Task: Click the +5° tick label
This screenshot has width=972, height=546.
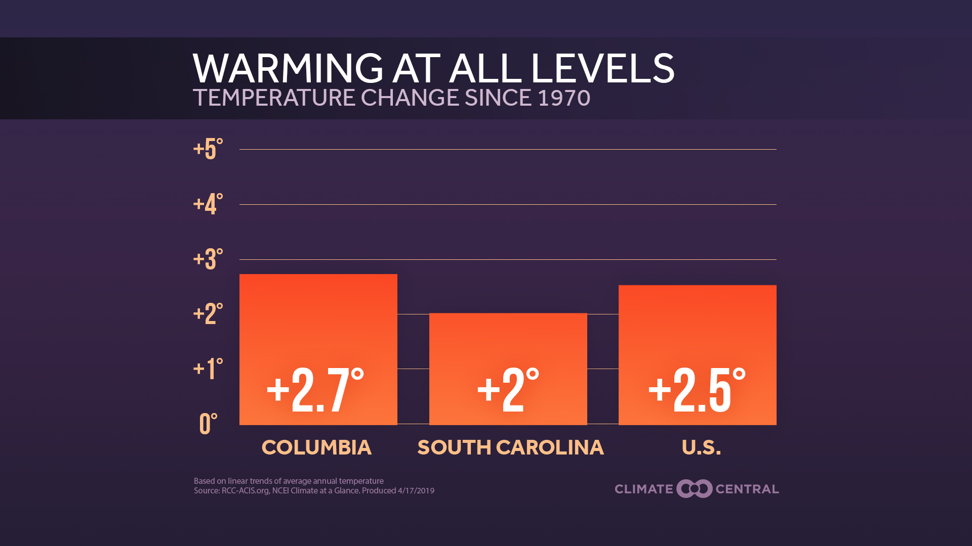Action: tap(208, 149)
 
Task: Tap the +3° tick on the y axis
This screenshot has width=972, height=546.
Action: tap(208, 259)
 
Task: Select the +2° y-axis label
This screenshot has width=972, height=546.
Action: tap(208, 314)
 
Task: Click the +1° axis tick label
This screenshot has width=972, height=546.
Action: tap(208, 369)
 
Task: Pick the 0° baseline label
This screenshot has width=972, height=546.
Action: tap(208, 424)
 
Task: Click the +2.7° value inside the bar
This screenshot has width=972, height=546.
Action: tap(315, 390)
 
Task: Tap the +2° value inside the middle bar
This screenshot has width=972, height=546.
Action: tap(508, 390)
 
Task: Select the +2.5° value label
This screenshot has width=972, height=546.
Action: tap(697, 390)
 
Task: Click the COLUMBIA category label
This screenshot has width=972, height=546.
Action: tap(316, 447)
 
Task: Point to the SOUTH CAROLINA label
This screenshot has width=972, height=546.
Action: tap(510, 447)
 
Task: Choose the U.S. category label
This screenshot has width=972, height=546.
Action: tap(701, 447)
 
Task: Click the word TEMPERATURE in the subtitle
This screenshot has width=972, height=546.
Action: tap(274, 98)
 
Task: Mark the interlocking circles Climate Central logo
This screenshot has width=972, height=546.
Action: tap(695, 489)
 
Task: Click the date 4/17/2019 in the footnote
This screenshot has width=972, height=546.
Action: tap(416, 490)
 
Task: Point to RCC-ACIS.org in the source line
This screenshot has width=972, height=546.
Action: tap(245, 490)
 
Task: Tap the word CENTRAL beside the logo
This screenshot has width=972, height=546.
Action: tap(747, 489)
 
